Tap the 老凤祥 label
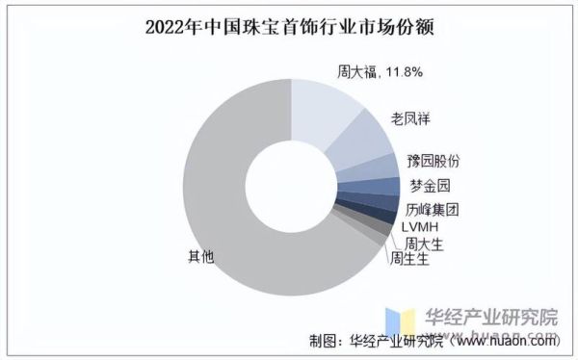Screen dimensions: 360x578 [x=410, y=118]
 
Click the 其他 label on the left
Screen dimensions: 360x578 [x=199, y=256]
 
